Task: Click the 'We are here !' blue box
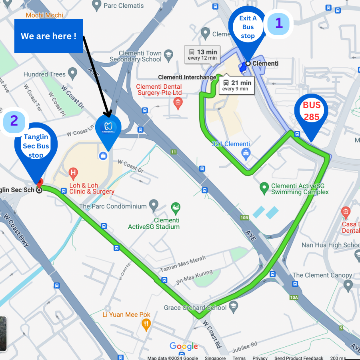48,36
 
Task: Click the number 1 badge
279,23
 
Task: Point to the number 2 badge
14,121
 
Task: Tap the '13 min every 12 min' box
202,54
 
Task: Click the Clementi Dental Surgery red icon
178,104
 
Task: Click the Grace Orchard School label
195,308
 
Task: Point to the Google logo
184,346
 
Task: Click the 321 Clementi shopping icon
246,152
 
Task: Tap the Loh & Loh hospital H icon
73,173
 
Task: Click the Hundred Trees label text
44,74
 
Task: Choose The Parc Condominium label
113,206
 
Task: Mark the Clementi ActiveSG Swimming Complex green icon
264,187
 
